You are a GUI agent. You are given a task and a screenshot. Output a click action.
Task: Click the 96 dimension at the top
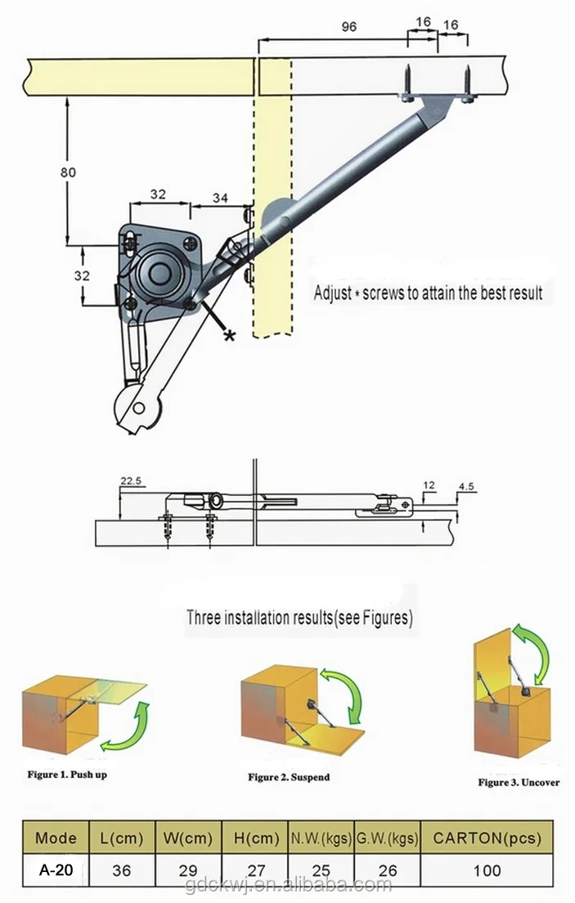click(348, 26)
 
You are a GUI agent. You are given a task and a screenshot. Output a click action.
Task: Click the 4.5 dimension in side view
click(466, 486)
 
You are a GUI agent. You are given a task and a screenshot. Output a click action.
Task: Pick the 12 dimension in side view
click(429, 485)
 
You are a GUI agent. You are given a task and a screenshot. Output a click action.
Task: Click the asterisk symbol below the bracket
click(230, 335)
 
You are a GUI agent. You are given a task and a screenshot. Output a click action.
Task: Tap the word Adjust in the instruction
click(333, 293)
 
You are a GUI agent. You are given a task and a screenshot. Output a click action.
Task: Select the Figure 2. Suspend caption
click(289, 776)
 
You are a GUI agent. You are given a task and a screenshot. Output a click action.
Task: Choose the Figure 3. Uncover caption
click(519, 782)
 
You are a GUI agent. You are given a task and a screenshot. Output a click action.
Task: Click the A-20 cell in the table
click(56, 870)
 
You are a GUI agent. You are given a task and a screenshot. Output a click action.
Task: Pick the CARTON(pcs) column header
click(487, 838)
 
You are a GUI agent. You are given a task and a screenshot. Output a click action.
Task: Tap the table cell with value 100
click(487, 870)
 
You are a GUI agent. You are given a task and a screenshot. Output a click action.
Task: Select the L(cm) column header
click(121, 838)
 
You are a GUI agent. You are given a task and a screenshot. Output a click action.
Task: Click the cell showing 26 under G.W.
click(387, 870)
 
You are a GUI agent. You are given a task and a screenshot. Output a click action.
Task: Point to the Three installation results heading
click(299, 618)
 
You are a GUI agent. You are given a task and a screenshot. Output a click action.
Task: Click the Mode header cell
click(56, 838)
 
